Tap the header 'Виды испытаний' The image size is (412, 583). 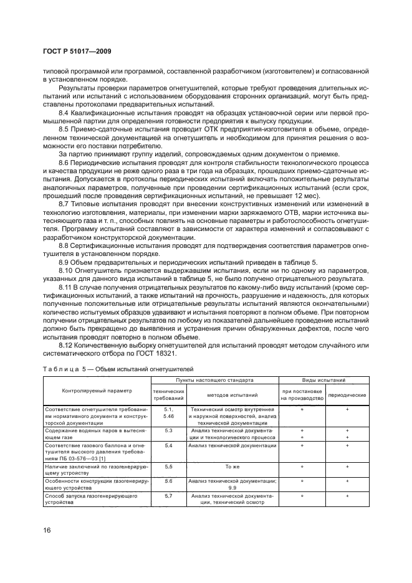coord(325,379)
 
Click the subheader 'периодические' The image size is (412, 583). coord(347,395)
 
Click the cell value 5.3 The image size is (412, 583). coord(168,430)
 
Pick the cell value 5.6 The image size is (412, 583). coord(168,481)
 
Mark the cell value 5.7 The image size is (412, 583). coord(168,496)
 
